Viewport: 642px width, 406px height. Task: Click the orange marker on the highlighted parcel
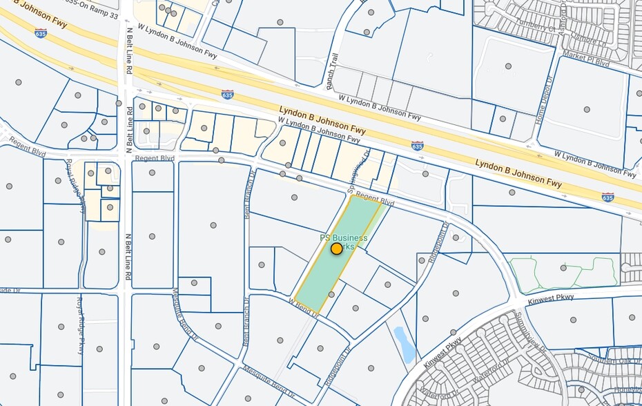point(336,249)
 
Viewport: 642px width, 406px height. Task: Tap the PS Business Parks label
point(343,239)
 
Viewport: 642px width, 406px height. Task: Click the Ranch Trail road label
point(331,66)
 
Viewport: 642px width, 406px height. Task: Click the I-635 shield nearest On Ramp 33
point(41,32)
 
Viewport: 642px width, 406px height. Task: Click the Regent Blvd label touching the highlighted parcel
point(376,201)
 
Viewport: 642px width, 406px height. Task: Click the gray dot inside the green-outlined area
point(564,267)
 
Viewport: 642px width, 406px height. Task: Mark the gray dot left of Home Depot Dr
point(508,66)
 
